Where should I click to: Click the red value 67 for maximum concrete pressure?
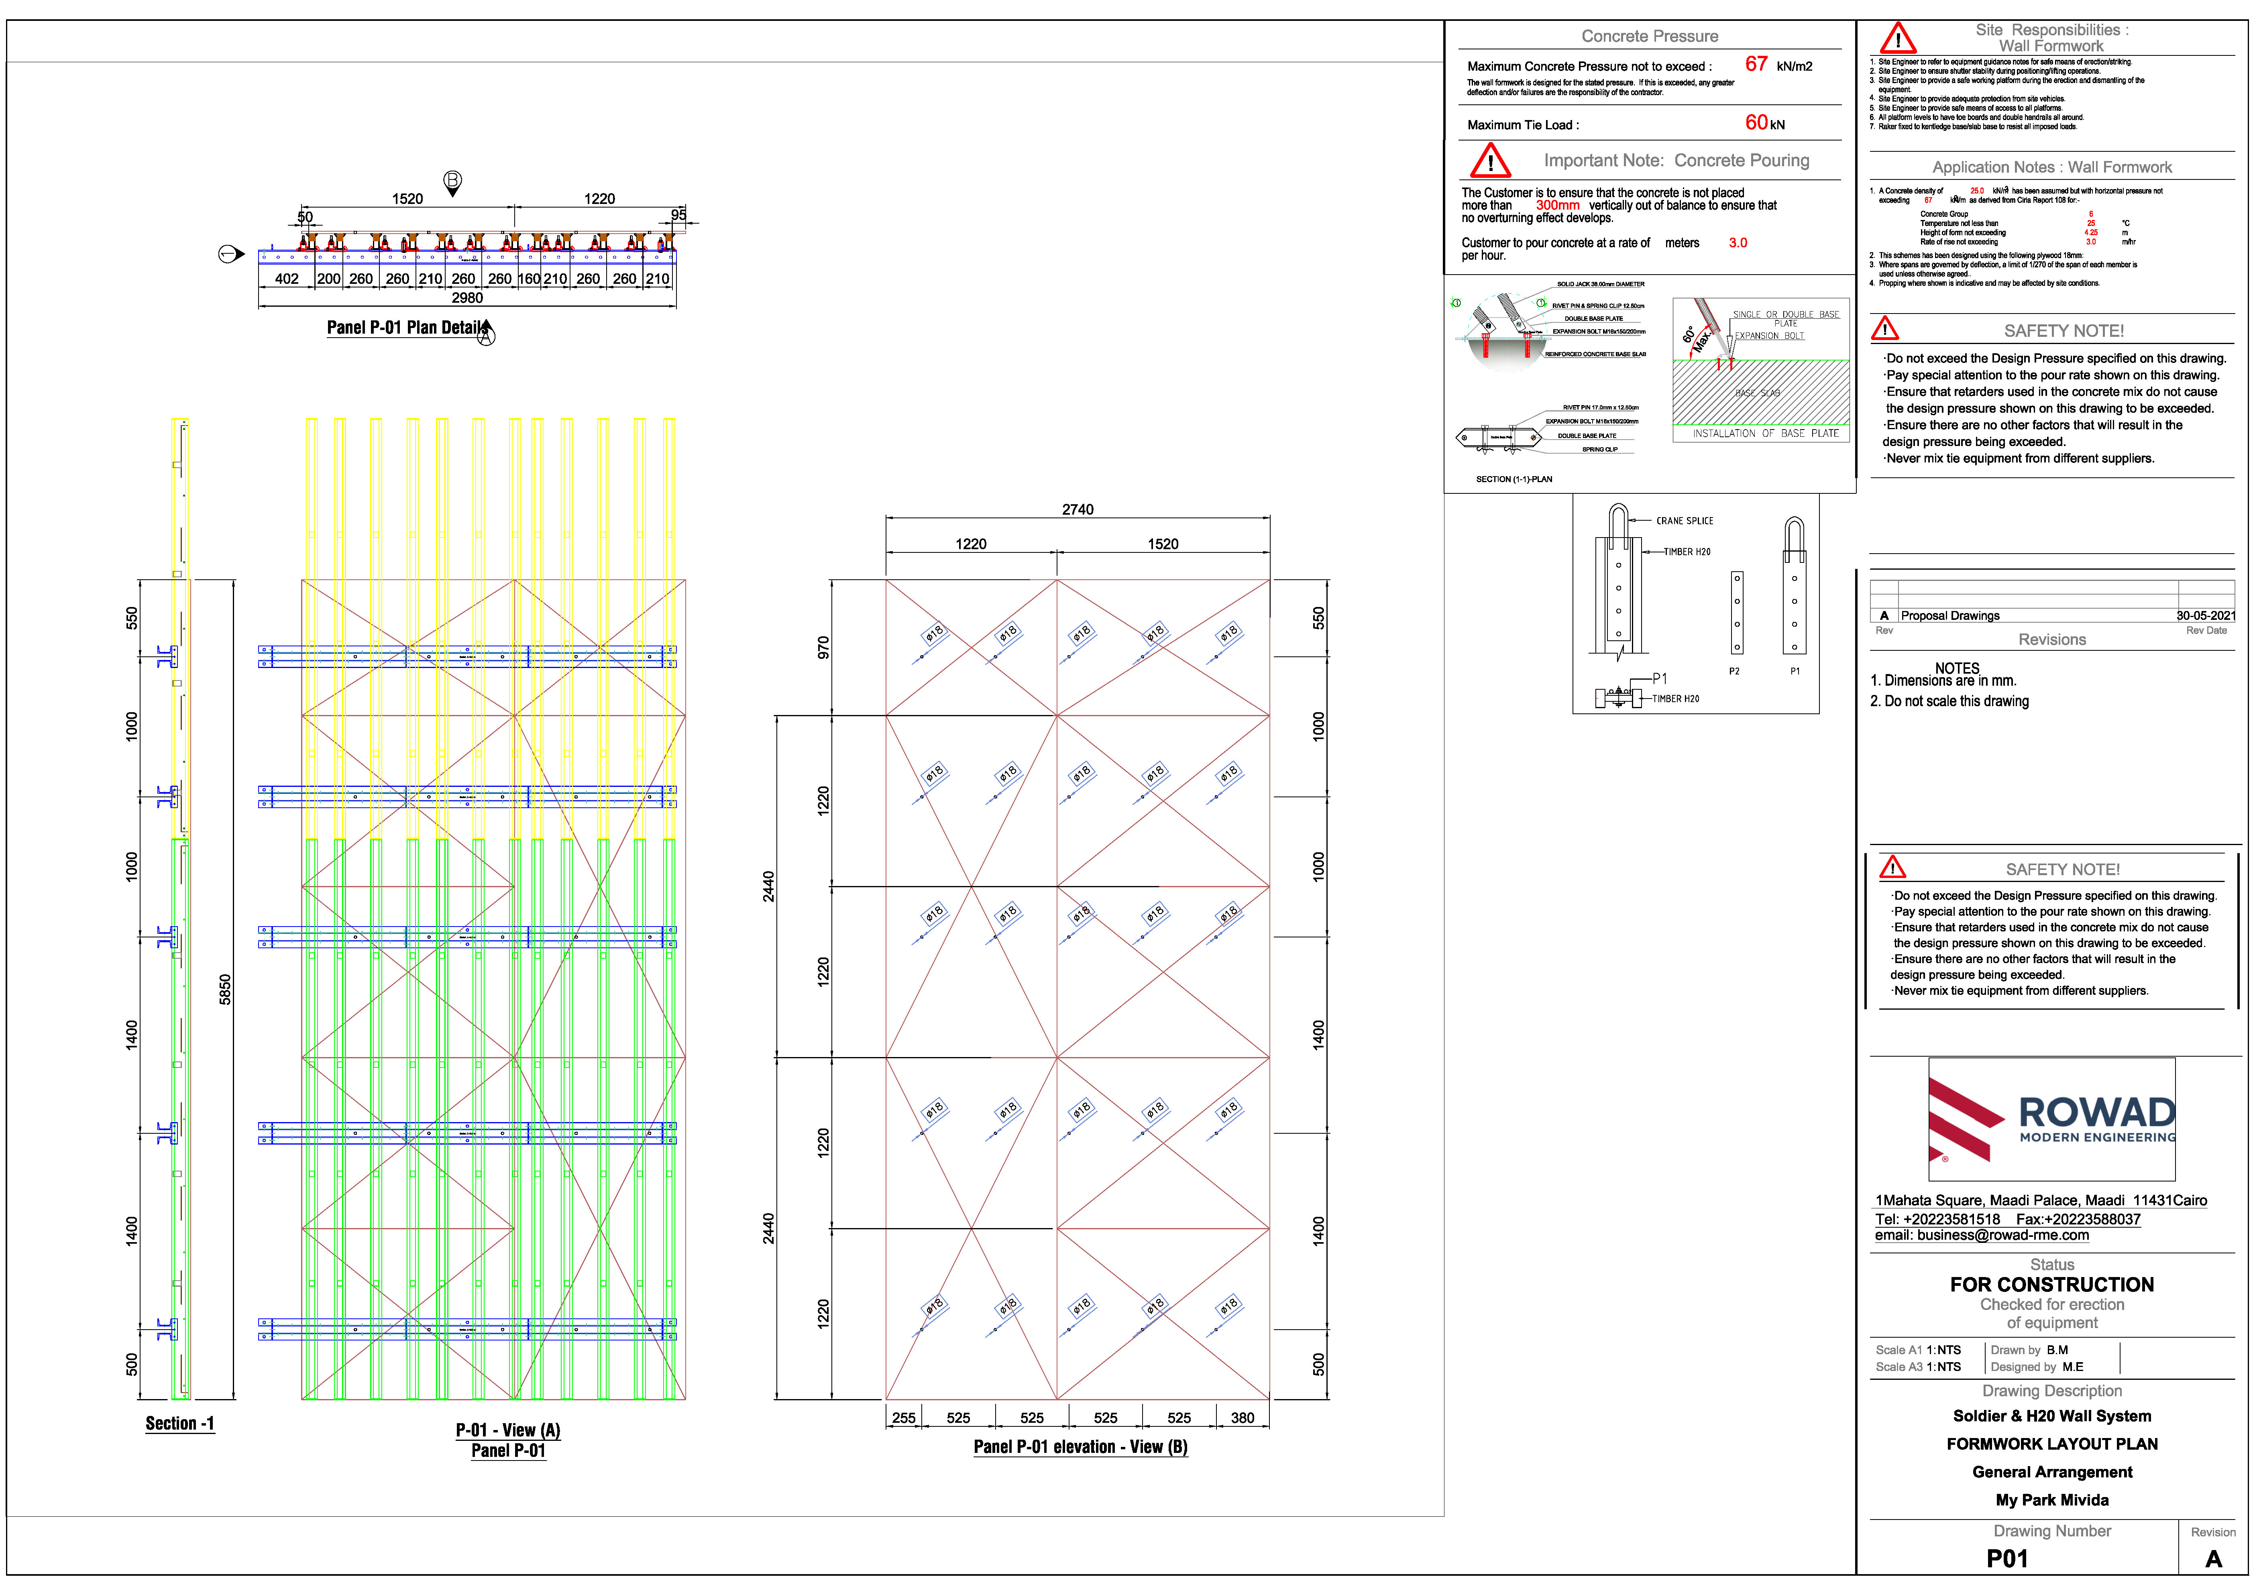[1756, 65]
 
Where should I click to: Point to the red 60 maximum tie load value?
[1756, 123]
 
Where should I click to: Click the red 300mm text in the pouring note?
[1558, 205]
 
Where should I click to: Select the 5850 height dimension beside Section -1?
[225, 989]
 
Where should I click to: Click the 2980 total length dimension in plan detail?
[467, 297]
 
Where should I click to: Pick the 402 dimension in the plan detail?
[287, 279]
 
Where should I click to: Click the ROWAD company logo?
[2052, 1120]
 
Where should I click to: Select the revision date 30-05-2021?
[2205, 616]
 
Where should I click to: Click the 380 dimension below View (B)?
[1243, 1418]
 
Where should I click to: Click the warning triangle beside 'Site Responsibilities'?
[1897, 39]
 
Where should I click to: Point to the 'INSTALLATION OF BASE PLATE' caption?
[1765, 433]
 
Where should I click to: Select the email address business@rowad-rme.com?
[1982, 1236]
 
